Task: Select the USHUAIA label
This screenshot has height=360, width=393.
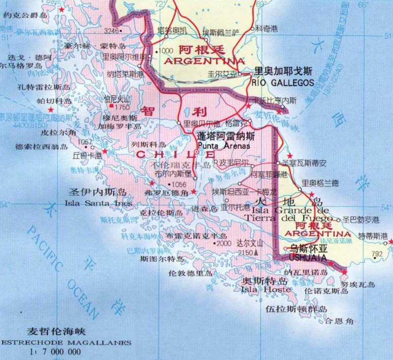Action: (306, 258)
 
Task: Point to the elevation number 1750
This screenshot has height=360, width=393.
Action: (123, 107)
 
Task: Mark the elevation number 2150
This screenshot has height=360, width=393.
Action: (245, 253)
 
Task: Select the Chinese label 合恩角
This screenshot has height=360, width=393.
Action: (339, 321)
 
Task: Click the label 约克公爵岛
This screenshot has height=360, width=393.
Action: (25, 16)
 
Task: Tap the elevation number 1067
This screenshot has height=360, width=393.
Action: (85, 142)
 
